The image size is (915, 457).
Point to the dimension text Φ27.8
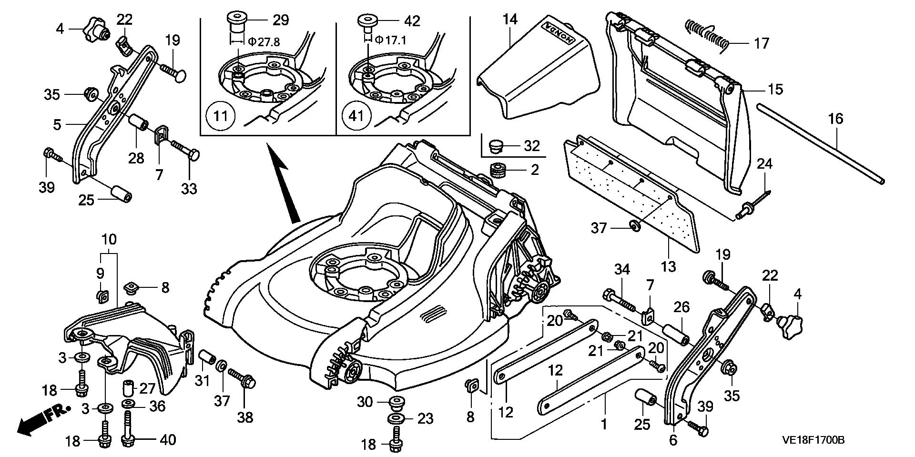click(261, 42)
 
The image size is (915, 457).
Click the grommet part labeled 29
click(234, 21)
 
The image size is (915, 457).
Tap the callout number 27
click(147, 388)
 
